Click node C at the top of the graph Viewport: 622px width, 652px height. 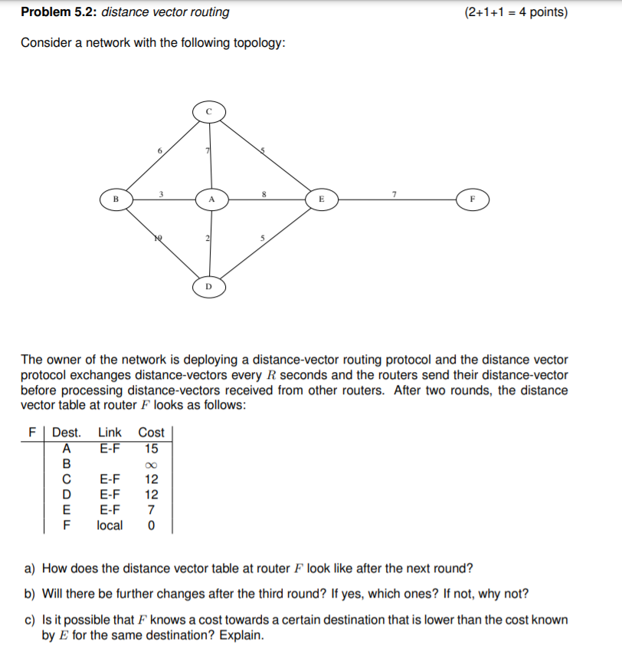[x=208, y=111]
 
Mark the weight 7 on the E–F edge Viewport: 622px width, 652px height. [x=393, y=193]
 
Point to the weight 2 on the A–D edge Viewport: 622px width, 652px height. [x=206, y=239]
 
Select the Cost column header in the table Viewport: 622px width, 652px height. [x=151, y=433]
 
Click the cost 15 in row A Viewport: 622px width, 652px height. [x=151, y=448]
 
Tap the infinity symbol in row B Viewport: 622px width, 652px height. [x=151, y=464]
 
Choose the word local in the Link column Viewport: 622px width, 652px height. [x=110, y=525]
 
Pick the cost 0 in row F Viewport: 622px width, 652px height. [x=151, y=525]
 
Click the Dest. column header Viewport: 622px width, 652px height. [x=67, y=433]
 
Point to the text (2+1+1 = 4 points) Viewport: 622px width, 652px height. [x=516, y=12]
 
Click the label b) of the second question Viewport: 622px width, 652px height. [x=31, y=594]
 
